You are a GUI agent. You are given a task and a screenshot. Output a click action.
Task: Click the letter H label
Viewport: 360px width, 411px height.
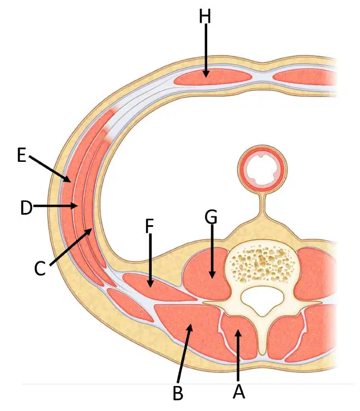point(205,17)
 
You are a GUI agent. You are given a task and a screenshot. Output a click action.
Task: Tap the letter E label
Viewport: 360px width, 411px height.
point(22,155)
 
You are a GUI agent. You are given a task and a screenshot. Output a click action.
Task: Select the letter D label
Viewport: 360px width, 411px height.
point(27,208)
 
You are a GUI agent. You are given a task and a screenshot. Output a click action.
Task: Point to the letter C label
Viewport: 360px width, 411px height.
point(40,269)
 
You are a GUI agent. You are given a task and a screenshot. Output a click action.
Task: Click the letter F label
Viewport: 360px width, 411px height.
point(149,226)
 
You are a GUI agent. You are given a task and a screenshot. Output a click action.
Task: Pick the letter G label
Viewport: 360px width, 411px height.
point(211,217)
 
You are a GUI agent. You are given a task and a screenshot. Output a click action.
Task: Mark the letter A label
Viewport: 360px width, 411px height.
point(238,392)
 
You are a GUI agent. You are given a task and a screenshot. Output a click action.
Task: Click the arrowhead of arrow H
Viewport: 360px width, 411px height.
point(206,74)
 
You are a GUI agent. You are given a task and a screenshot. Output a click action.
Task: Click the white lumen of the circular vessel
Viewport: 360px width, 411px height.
point(262,169)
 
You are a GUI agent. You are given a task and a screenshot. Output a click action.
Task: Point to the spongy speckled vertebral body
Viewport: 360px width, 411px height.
point(262,262)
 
